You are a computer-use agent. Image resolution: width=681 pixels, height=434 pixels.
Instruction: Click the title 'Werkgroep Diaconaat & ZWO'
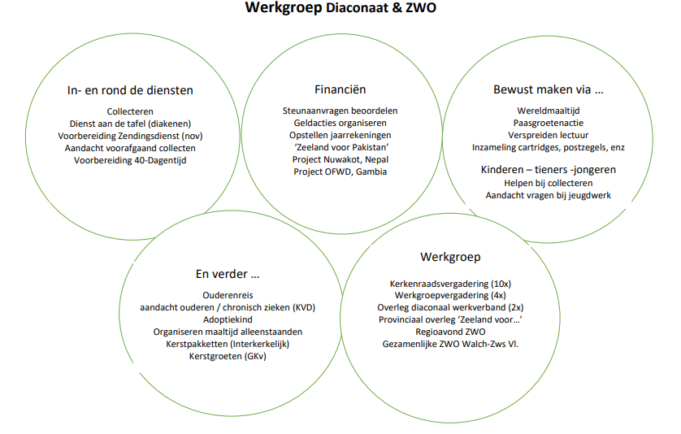(340, 8)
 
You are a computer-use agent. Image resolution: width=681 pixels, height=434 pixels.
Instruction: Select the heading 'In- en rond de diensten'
(130, 90)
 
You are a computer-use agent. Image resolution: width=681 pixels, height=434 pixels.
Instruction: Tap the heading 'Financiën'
(340, 89)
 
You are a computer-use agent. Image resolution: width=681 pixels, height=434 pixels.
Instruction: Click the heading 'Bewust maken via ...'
(548, 89)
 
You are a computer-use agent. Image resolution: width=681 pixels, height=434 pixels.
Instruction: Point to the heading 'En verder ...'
(228, 274)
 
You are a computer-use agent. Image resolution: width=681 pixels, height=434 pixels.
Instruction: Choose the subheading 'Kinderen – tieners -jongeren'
(548, 169)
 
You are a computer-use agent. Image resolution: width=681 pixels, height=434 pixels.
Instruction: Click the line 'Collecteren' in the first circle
(130, 111)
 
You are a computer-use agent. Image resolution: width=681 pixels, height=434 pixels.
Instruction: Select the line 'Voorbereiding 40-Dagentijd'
(130, 160)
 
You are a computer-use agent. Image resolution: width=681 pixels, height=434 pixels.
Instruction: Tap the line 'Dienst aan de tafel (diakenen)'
(130, 124)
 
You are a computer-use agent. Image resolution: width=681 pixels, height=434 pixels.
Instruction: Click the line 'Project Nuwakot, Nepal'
(340, 159)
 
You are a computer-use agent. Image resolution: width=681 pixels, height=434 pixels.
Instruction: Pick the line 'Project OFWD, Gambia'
(340, 171)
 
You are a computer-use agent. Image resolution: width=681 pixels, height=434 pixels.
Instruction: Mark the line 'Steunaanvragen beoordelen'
(340, 111)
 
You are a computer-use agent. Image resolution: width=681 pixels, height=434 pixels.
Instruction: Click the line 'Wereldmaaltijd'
(548, 111)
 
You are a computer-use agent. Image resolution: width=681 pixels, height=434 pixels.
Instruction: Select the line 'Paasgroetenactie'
(548, 123)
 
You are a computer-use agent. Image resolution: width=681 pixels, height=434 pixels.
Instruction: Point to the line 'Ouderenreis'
(228, 295)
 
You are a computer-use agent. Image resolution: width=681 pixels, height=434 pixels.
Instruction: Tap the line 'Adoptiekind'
(228, 319)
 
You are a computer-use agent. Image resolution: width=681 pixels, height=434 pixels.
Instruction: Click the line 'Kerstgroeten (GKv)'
(228, 356)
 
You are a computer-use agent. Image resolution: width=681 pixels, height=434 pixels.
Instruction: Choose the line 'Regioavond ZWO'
(450, 332)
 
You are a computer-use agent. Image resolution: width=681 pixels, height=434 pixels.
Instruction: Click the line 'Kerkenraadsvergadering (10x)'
(450, 284)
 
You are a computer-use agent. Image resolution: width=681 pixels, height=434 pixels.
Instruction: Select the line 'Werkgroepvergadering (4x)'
(450, 295)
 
